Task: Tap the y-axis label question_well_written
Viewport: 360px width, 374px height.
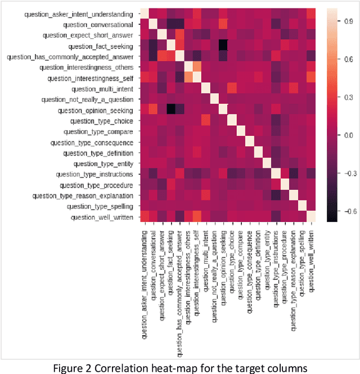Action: point(102,217)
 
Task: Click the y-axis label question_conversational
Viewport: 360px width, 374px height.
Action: point(98,24)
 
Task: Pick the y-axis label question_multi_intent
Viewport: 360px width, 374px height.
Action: point(103,88)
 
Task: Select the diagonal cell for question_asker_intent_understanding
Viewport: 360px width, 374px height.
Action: point(144,14)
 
